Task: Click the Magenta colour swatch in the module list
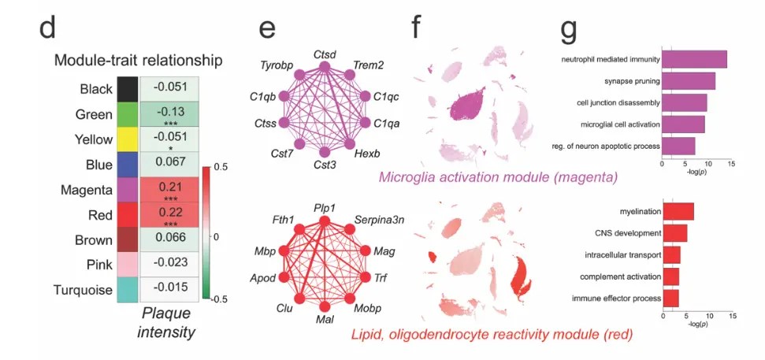(x=128, y=190)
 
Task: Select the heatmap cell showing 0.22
(x=169, y=214)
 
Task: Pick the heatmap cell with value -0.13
(x=169, y=114)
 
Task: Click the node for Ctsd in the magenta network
(x=325, y=66)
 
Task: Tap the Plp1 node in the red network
(x=325, y=221)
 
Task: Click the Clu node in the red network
(x=299, y=298)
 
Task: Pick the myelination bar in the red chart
(x=678, y=212)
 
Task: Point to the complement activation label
(x=621, y=276)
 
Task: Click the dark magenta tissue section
(x=466, y=103)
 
